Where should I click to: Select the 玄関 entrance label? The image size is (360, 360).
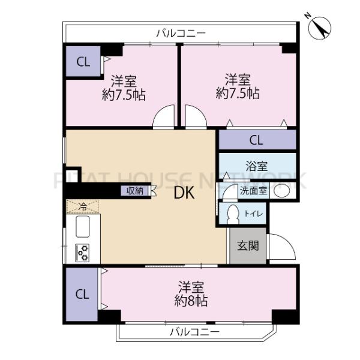(247, 245)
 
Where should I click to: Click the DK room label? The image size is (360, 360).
(183, 193)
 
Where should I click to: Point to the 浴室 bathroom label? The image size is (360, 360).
(256, 164)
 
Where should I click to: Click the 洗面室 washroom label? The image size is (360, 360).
(253, 191)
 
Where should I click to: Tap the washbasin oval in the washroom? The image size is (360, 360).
(283, 191)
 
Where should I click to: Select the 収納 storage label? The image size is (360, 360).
(134, 191)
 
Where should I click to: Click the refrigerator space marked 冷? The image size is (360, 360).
(83, 206)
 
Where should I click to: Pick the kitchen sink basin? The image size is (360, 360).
(82, 228)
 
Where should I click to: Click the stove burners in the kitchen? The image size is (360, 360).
(82, 253)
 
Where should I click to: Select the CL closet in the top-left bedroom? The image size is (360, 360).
(83, 61)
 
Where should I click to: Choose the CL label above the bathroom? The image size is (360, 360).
(256, 140)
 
